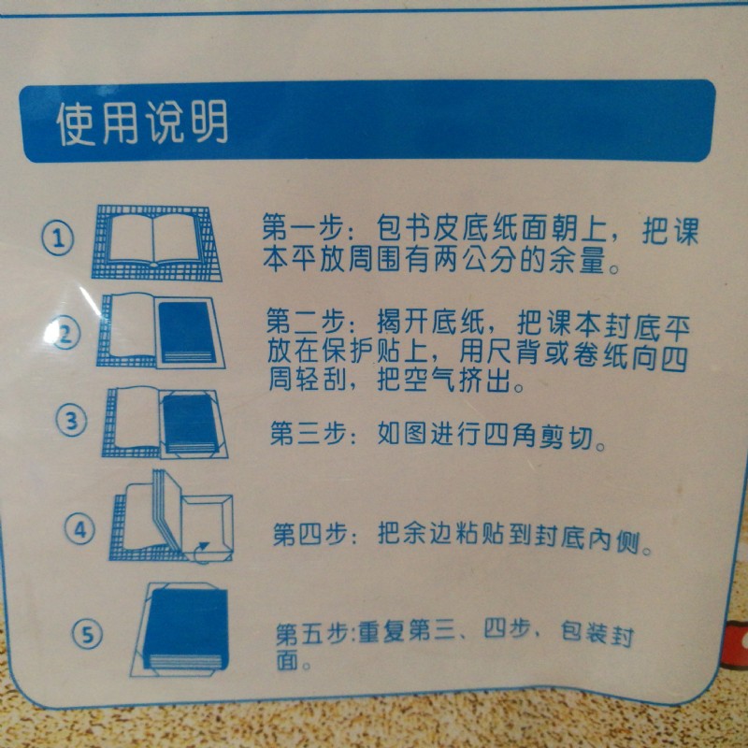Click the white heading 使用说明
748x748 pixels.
tap(142, 122)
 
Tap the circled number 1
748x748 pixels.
tap(58, 238)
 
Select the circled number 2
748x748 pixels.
tap(64, 334)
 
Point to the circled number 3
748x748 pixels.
tap(72, 422)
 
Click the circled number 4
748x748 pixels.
tap(79, 529)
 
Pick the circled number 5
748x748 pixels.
tap(86, 635)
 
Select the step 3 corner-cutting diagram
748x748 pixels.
tap(165, 423)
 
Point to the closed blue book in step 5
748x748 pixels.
tap(188, 629)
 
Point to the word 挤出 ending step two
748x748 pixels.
tap(483, 381)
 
